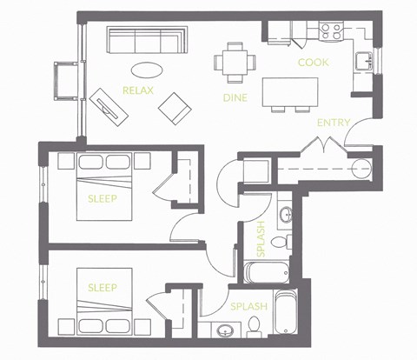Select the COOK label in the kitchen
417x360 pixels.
pyautogui.click(x=312, y=63)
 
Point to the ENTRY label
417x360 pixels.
pyautogui.click(x=333, y=123)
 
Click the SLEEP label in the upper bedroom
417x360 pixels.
pyautogui.click(x=103, y=198)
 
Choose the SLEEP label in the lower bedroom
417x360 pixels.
pyautogui.click(x=103, y=287)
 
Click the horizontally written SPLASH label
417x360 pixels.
pyautogui.click(x=248, y=306)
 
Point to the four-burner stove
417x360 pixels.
pyautogui.click(x=331, y=31)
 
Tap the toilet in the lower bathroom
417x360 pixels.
pyautogui.click(x=255, y=325)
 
